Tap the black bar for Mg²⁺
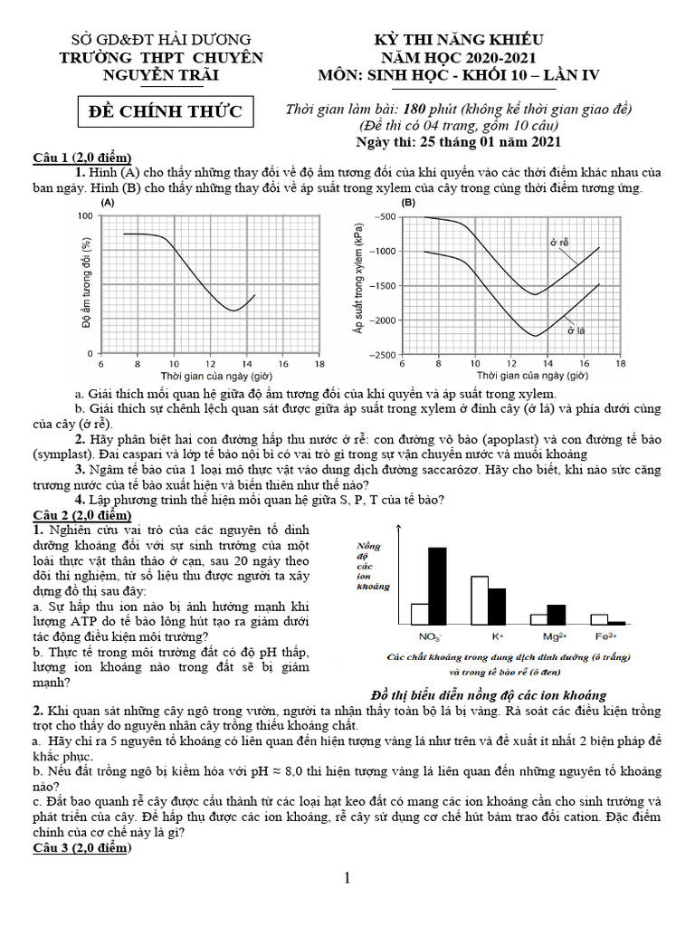pyautogui.click(x=556, y=615)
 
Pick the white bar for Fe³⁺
pyautogui.click(x=598, y=619)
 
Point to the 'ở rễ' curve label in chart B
pyautogui.click(x=558, y=243)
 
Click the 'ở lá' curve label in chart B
pyautogui.click(x=576, y=330)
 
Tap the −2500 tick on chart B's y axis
pyautogui.click(x=381, y=355)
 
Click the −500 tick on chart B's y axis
pyautogui.click(x=384, y=216)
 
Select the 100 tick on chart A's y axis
pyautogui.click(x=84, y=215)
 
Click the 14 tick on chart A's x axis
pyautogui.click(x=246, y=364)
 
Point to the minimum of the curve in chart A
pyautogui.click(x=233, y=311)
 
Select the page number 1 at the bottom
pyautogui.click(x=347, y=877)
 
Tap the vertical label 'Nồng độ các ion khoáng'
pyautogui.click(x=372, y=566)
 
